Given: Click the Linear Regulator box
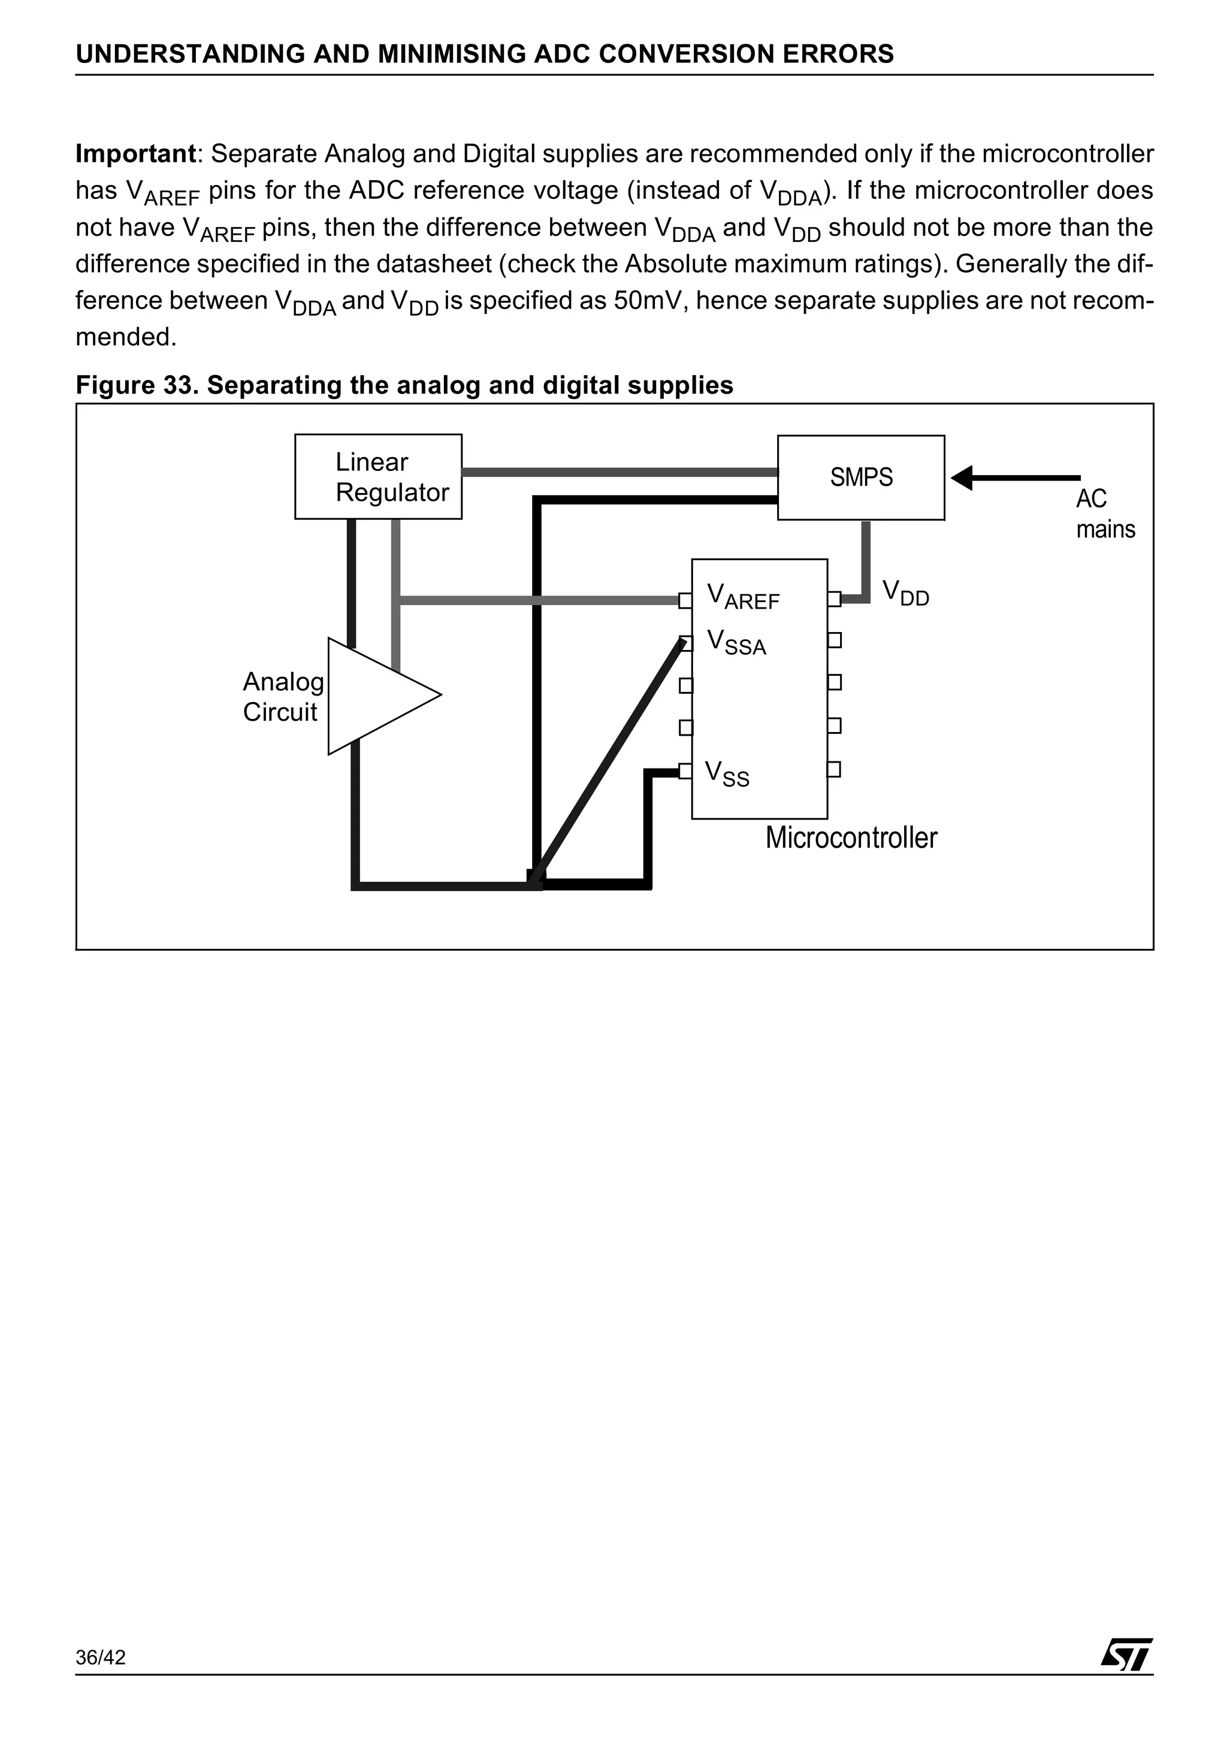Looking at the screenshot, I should (378, 476).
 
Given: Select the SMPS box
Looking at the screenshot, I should (860, 477).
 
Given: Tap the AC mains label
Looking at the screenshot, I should (1105, 513).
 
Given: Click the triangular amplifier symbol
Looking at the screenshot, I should (376, 695).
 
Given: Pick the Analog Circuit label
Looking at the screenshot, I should (282, 697).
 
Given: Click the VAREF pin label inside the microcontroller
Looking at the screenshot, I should (742, 597).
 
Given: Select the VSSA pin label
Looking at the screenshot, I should (736, 642).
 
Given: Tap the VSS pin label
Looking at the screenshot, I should (726, 774).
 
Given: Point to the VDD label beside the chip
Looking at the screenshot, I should (905, 592).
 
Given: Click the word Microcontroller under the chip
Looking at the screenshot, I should (851, 837).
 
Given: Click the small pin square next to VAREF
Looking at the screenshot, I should (685, 601).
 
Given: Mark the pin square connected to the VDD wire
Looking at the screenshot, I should (834, 598).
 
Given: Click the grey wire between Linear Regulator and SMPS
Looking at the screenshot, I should (618, 472).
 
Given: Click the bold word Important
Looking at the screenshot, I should (136, 154).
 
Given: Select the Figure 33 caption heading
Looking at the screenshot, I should (404, 385).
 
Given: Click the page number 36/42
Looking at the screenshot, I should (100, 1679).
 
